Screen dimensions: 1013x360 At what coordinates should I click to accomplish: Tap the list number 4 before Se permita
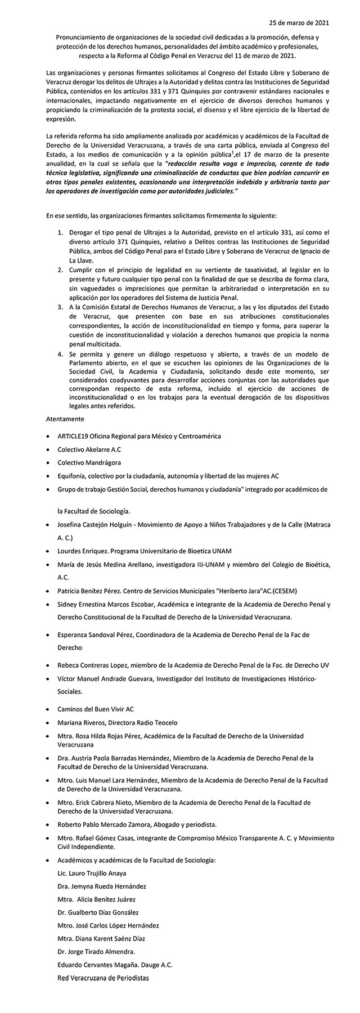click(x=61, y=355)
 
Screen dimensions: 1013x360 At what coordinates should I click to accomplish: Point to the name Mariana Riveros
click(x=82, y=722)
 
